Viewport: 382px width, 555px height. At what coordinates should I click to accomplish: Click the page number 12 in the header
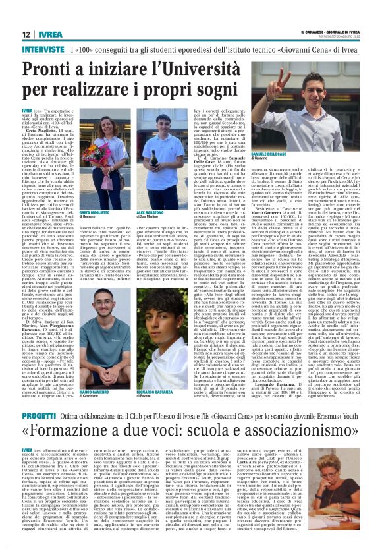pos(26,34)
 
